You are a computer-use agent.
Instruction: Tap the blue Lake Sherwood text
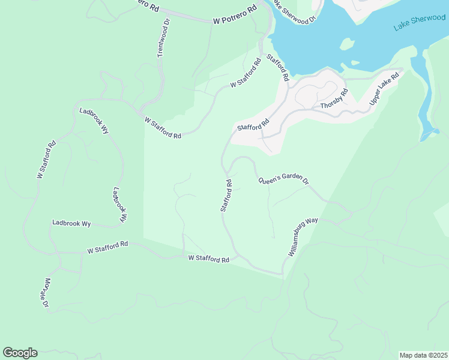pyautogui.click(x=419, y=23)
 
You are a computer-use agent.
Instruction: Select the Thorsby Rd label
pyautogui.click(x=334, y=100)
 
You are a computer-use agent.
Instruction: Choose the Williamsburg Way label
pyautogui.click(x=303, y=238)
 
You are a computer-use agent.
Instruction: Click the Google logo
pyautogui.click(x=20, y=353)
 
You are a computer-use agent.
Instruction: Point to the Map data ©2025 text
pyautogui.click(x=423, y=355)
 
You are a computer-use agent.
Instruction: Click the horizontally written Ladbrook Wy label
pyautogui.click(x=71, y=223)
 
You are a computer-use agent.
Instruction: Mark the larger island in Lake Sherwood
pyautogui.click(x=346, y=44)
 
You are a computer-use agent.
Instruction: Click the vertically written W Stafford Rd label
pyautogui.click(x=46, y=160)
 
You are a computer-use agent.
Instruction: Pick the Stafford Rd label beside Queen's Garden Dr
pyautogui.click(x=226, y=195)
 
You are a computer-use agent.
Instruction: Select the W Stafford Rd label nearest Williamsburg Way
pyautogui.click(x=209, y=259)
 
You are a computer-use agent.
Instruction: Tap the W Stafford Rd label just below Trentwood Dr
pyautogui.click(x=163, y=128)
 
